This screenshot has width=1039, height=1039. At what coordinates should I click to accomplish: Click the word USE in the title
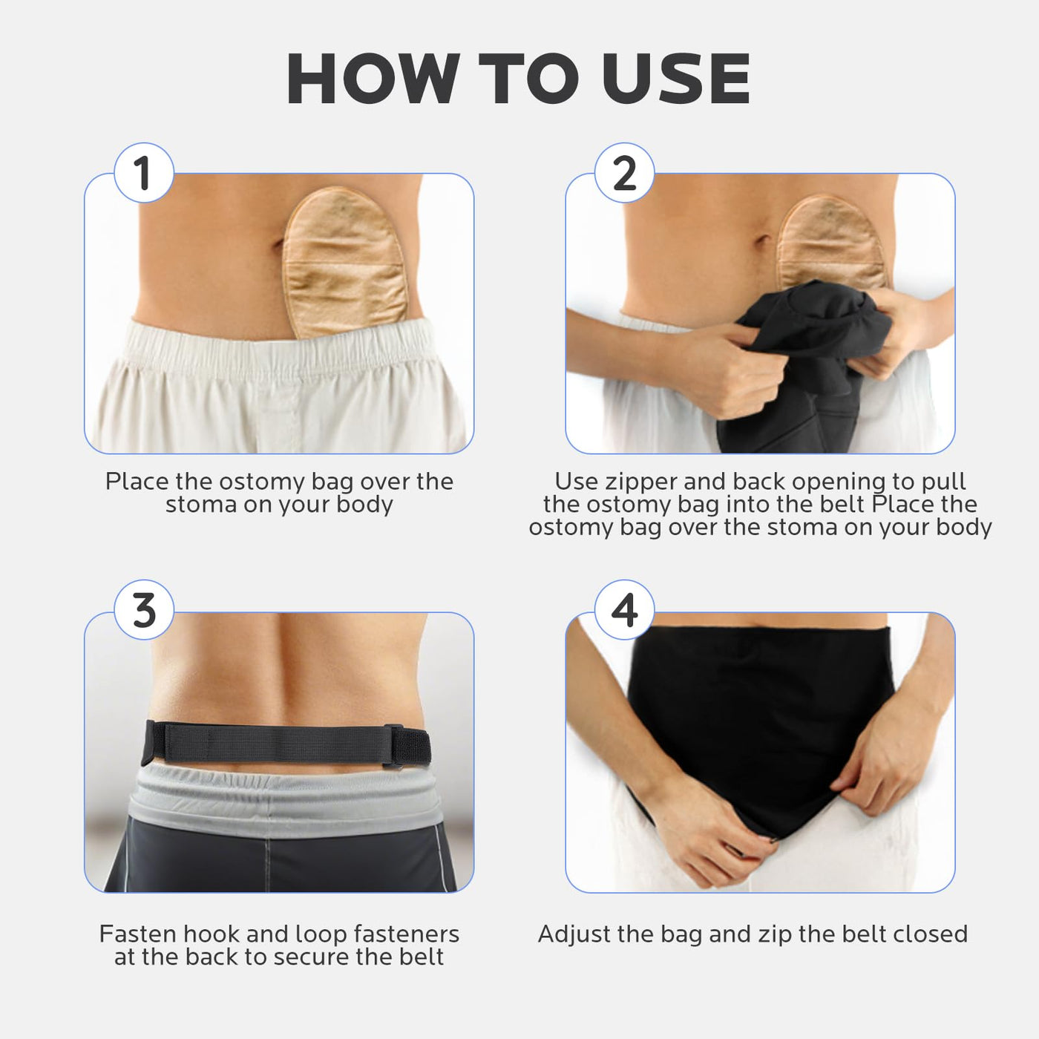pos(676,78)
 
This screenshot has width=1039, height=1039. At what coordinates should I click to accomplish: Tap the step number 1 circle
pos(143,173)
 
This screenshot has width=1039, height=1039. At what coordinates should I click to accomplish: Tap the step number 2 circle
pos(624,173)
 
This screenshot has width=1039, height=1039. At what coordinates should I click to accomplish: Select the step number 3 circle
pos(143,610)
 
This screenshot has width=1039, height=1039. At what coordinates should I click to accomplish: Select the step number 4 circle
pos(624,610)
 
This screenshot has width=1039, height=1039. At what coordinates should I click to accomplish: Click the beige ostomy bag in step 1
pos(346,263)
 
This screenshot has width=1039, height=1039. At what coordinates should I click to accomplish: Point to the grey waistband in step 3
pos(286,798)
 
